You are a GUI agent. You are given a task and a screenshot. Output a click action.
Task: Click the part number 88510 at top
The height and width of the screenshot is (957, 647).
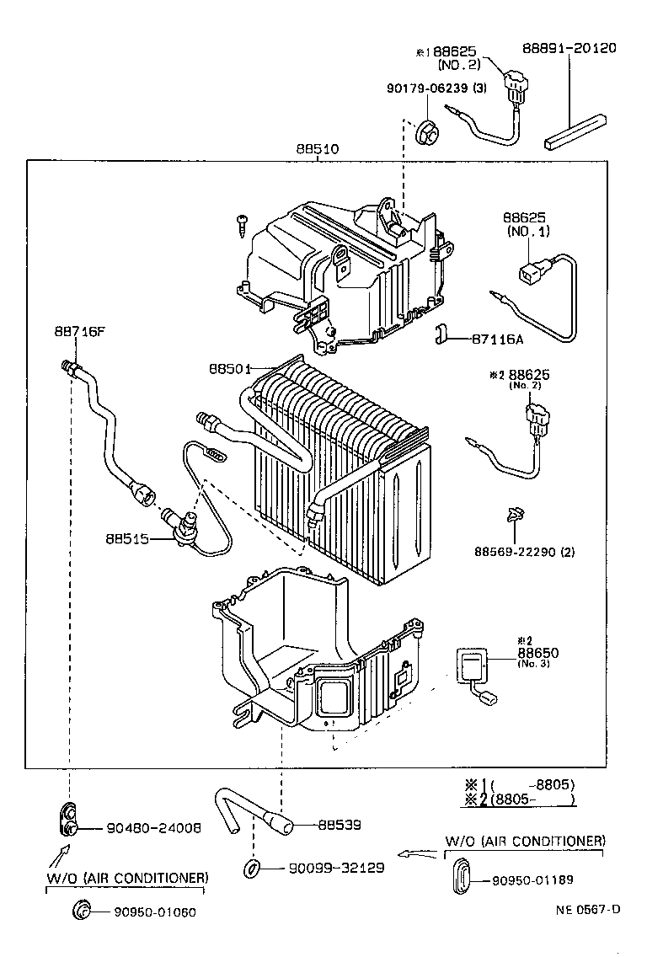coord(317,149)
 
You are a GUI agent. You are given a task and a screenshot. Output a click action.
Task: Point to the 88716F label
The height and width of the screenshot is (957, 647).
coord(80,331)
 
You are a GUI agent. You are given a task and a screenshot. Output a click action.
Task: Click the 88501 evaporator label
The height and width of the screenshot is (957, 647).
coord(229,368)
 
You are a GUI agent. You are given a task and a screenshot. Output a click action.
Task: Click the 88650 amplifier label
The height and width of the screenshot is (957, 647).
coord(537,653)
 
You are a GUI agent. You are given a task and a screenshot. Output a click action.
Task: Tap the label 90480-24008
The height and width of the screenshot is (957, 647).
coord(153,828)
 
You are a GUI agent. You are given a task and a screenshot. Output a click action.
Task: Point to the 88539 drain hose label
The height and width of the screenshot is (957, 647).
coord(340,825)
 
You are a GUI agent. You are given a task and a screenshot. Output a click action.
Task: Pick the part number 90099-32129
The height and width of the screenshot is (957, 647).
coord(336,868)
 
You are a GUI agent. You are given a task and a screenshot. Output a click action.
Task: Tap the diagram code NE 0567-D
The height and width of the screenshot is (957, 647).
coord(587,909)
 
